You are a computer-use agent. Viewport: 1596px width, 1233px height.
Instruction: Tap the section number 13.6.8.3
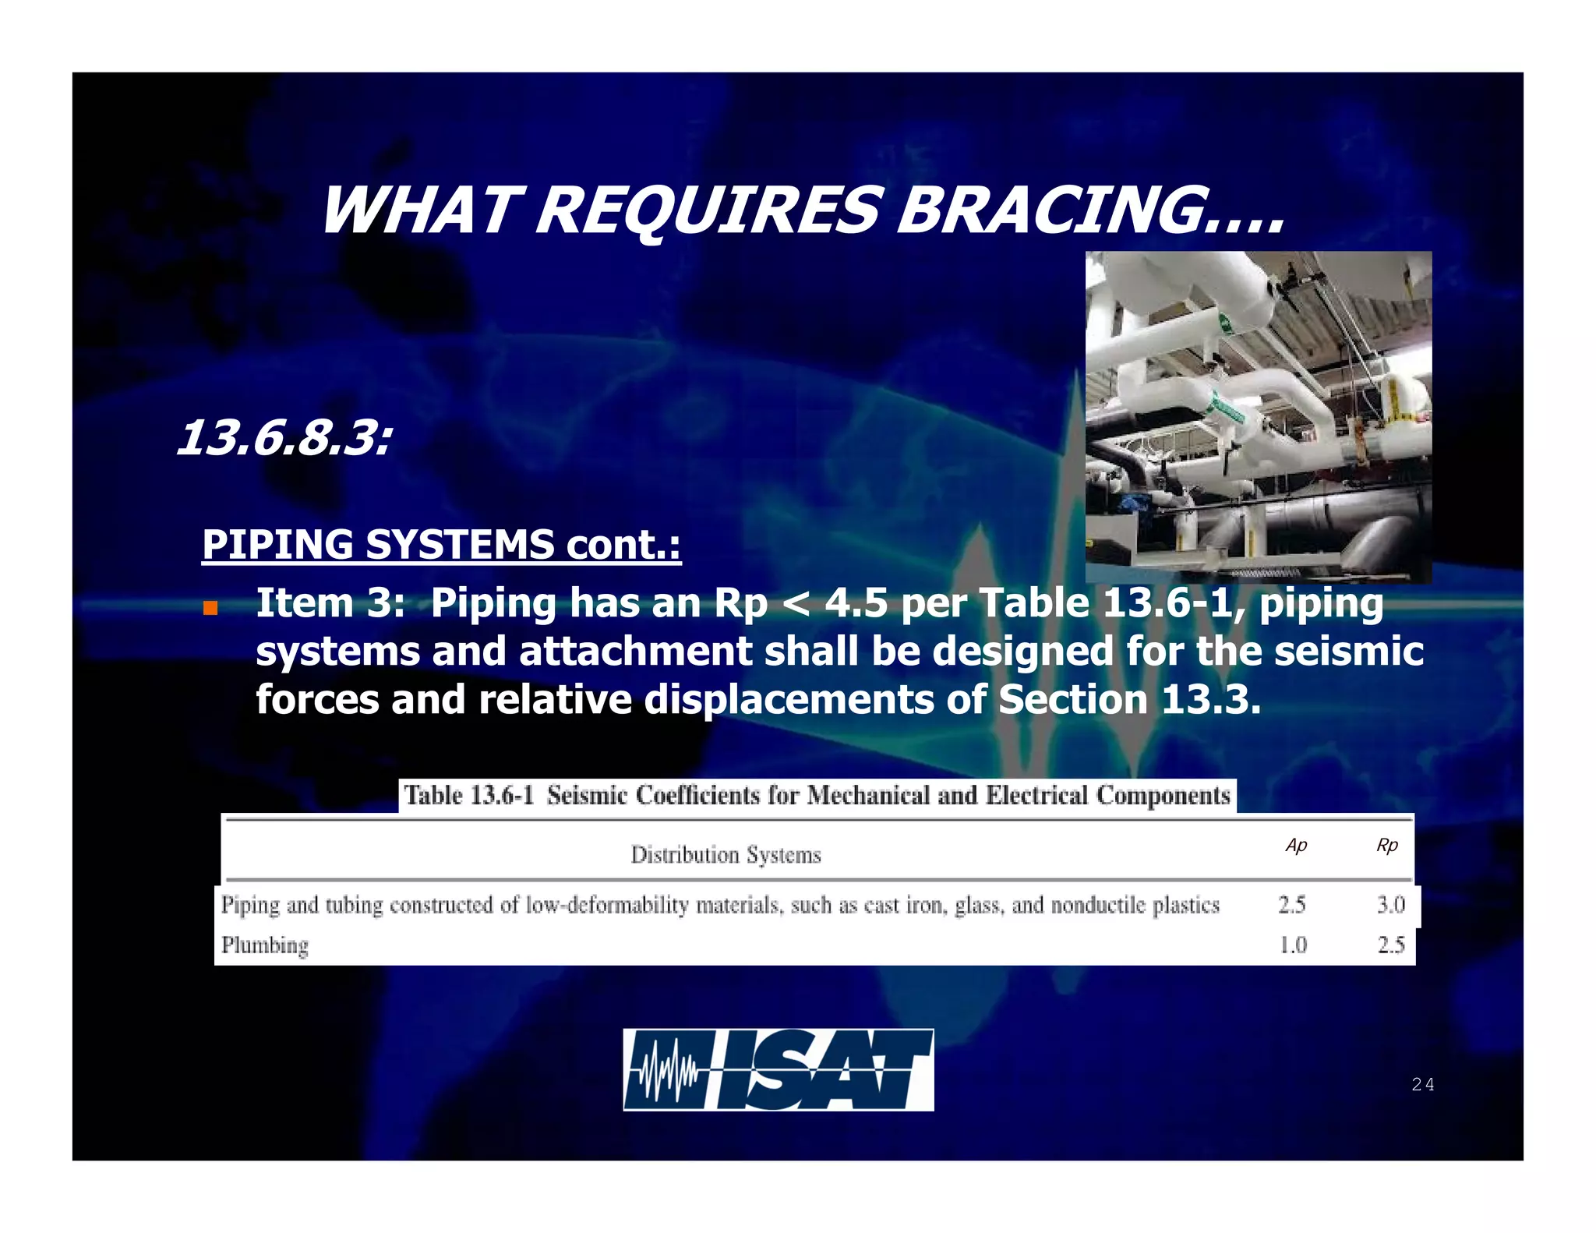284,438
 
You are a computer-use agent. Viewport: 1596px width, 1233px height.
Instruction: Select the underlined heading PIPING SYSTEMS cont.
441,544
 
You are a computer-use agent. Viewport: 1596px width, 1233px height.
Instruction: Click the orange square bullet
210,607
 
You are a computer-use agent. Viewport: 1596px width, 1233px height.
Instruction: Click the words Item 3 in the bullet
330,602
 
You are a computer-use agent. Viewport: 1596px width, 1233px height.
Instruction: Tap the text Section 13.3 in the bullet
1128,699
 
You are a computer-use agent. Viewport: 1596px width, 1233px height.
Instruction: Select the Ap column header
1296,846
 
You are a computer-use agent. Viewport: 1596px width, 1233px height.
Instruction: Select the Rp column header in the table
1387,846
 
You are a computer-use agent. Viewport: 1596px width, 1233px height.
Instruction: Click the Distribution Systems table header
726,855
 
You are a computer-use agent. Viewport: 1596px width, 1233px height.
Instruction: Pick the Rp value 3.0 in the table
1390,905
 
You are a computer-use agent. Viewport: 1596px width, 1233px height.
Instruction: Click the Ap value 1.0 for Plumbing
1293,945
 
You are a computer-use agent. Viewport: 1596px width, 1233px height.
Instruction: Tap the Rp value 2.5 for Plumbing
1390,945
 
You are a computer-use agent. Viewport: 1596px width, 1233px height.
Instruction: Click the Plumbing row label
265,945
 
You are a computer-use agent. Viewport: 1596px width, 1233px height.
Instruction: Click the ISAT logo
778,1069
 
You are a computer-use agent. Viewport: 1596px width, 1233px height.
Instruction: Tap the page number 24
1422,1084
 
